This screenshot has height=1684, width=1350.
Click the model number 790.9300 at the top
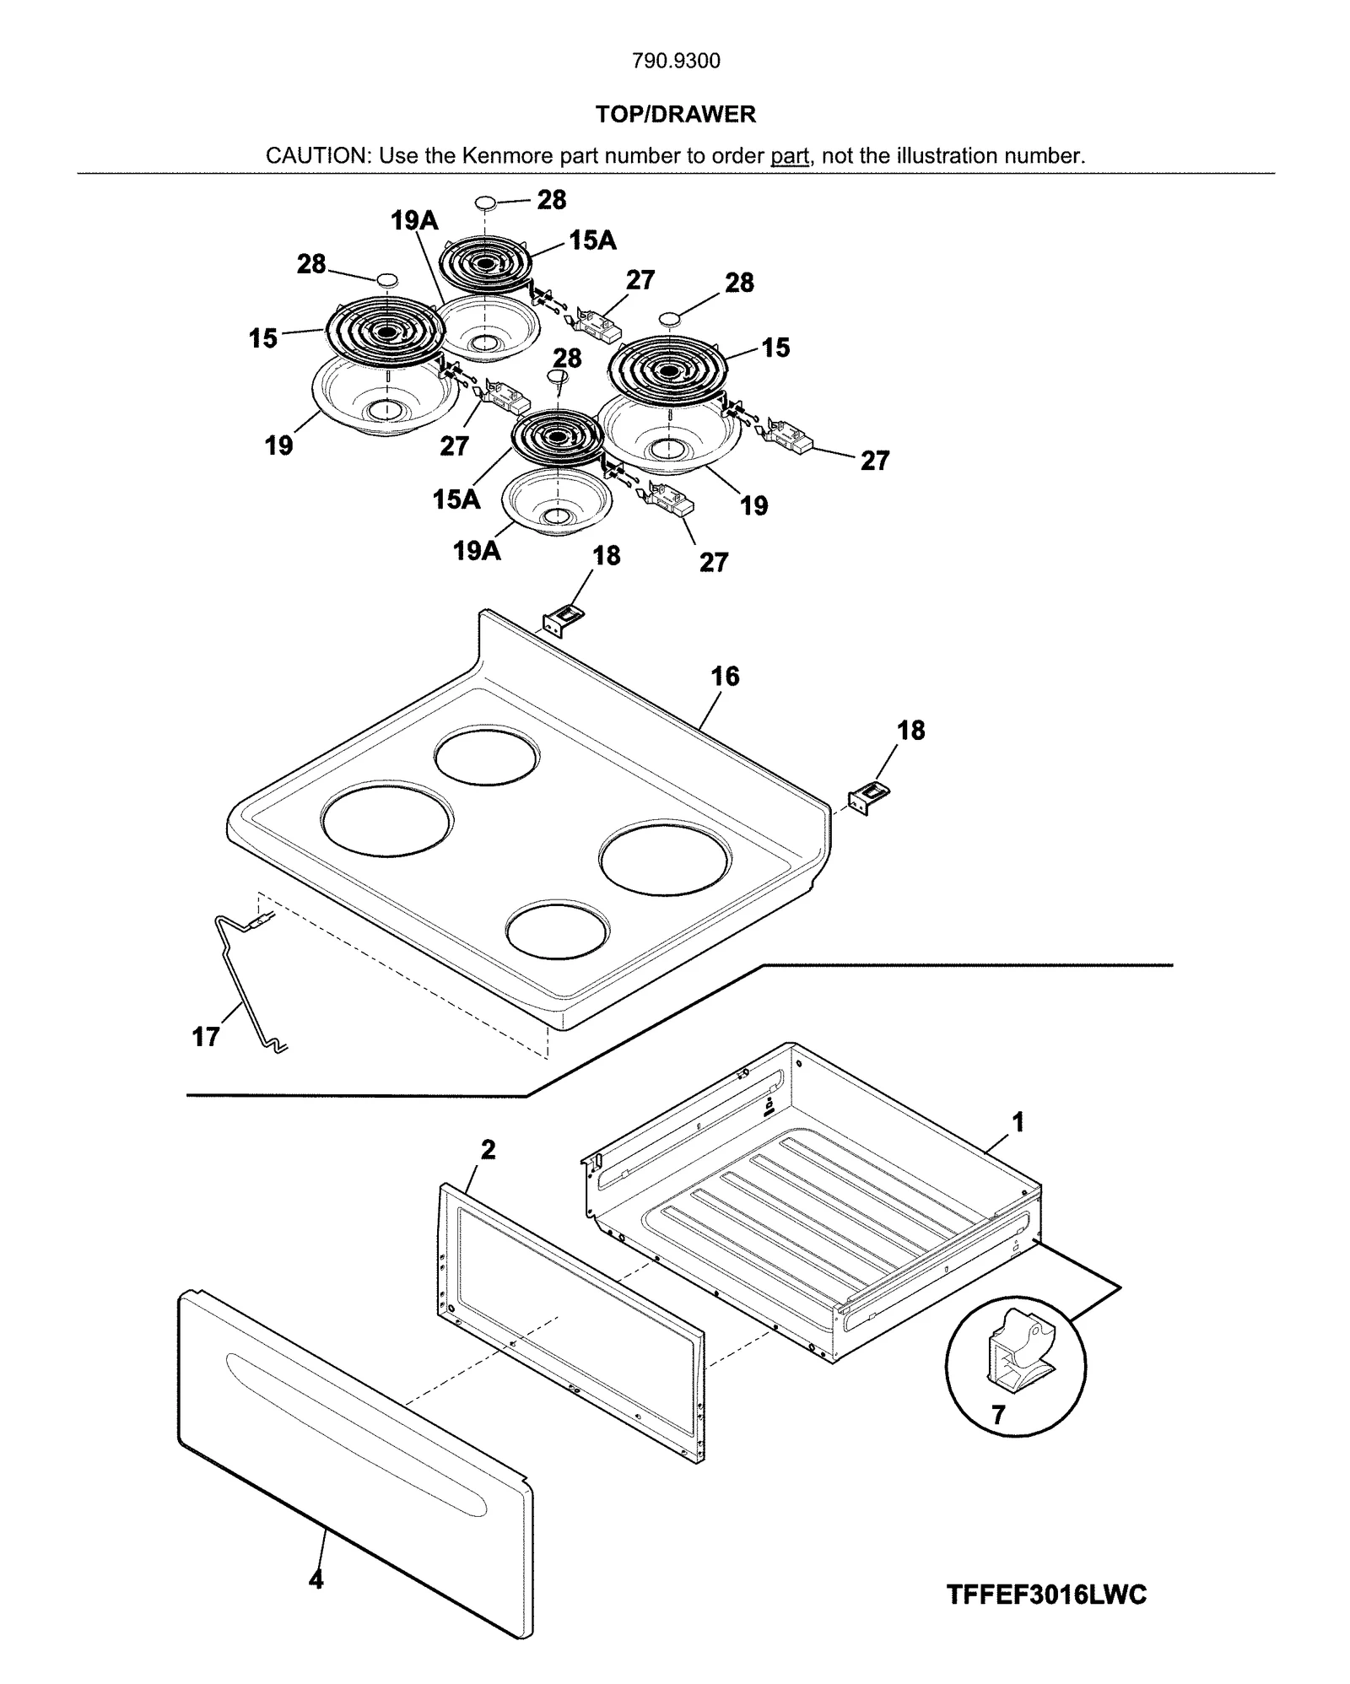676,61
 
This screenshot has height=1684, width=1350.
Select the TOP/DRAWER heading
675,114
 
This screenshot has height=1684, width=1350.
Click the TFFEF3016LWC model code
1046,1595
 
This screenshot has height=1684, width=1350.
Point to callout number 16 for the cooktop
725,676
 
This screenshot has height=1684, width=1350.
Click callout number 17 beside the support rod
206,1036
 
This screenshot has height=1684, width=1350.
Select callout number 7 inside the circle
998,1415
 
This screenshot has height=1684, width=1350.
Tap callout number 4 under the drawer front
316,1579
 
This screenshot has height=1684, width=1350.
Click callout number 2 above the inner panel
488,1149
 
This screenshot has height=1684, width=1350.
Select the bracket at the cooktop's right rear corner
869,797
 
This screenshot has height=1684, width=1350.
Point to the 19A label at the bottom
477,551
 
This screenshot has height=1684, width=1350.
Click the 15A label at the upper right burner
592,240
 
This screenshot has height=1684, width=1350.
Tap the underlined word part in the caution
790,156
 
